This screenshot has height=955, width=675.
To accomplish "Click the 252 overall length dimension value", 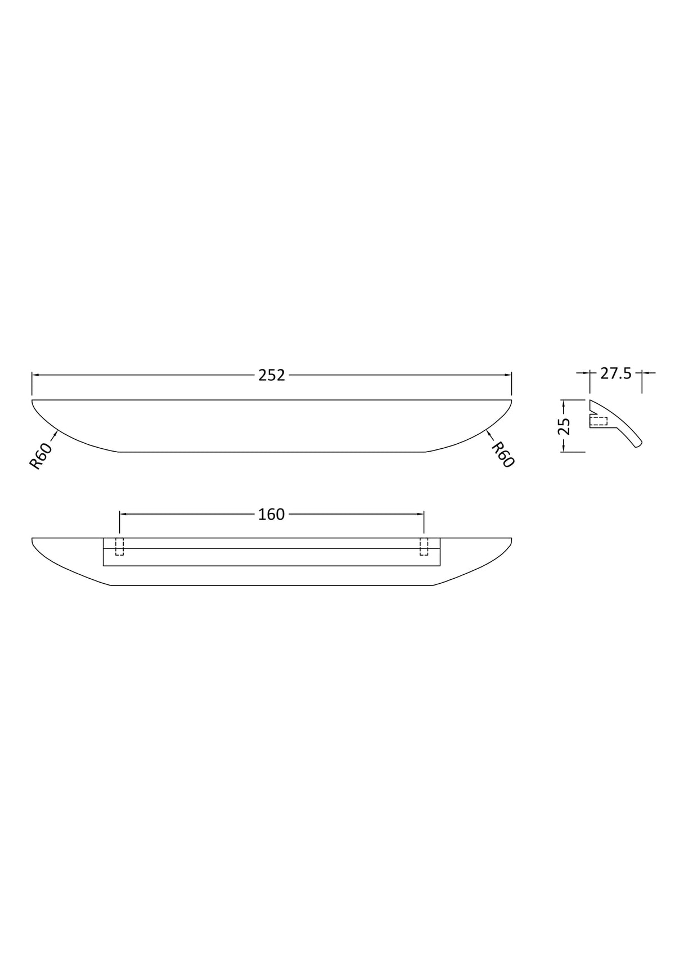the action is click(x=271, y=375).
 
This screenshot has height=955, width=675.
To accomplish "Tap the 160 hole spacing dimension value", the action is click(x=271, y=515).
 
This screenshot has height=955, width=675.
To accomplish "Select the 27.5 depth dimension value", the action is click(x=616, y=373).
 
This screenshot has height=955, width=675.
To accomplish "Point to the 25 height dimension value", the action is click(x=564, y=426).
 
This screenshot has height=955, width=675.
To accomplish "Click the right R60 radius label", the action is click(x=503, y=455).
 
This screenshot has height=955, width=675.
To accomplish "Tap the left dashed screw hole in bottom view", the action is click(x=119, y=547).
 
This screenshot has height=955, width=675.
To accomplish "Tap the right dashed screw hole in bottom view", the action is click(x=424, y=547).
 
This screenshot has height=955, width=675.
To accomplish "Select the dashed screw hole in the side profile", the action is click(x=598, y=422).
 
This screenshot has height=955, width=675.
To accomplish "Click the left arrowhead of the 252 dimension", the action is click(x=35, y=375).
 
